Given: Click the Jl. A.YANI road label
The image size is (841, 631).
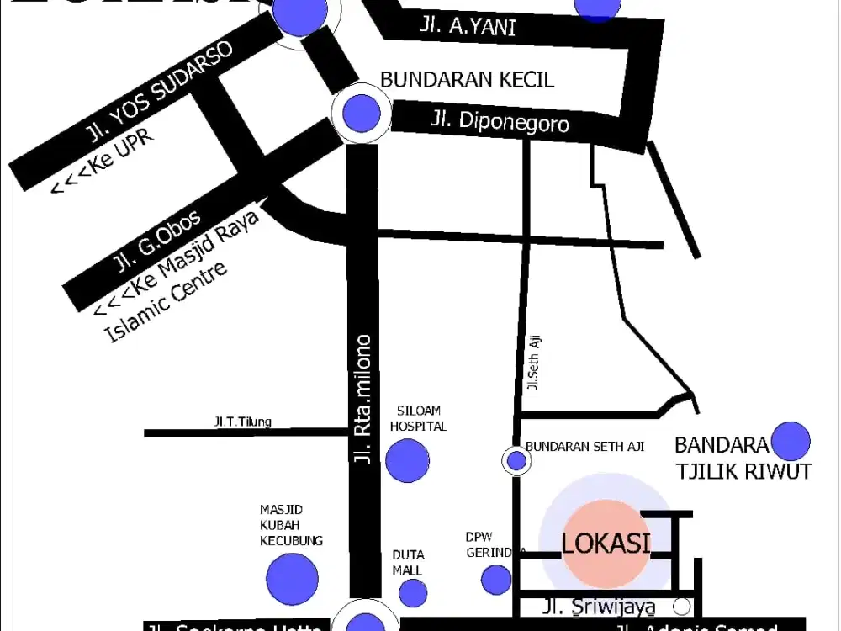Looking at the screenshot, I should click(468, 27).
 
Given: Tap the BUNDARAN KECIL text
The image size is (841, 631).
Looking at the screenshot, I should click(468, 80).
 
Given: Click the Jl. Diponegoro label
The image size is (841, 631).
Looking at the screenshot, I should click(500, 122).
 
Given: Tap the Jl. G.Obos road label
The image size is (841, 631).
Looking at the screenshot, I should click(157, 243).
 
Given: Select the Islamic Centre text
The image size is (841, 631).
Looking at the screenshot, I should click(166, 303).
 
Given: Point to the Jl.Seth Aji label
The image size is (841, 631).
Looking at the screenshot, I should click(532, 362).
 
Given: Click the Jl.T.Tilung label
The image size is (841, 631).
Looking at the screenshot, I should click(242, 422).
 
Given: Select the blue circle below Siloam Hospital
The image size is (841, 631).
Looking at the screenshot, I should click(407, 460).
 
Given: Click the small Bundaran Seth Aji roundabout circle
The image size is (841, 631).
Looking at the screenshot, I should click(516, 460).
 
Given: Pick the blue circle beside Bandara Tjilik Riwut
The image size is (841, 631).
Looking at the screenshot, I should click(791, 441).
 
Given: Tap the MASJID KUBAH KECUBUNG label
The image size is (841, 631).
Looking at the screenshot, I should click(291, 525).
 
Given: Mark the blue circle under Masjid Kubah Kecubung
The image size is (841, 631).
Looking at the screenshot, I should click(292, 579).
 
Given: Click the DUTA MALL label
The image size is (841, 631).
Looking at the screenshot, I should click(408, 562).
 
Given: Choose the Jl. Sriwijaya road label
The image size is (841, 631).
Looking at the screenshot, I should click(598, 606).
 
